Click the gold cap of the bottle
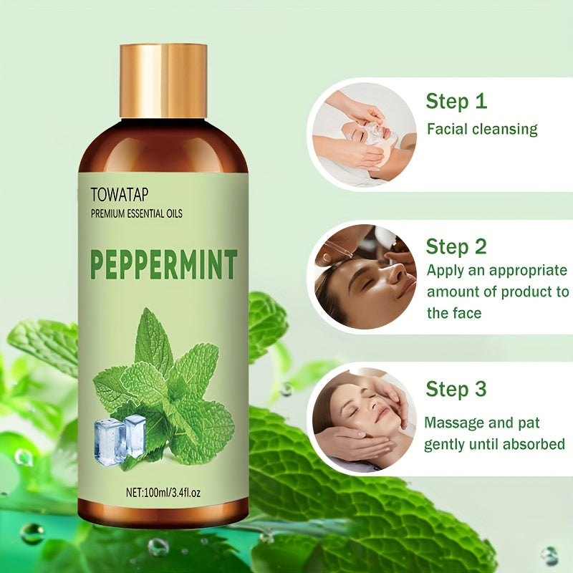pos(163,80)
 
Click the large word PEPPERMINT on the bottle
pos(163,264)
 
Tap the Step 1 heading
pos(456,101)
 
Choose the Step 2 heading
pos(456,247)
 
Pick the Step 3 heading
pos(456,390)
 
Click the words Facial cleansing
pos(482,130)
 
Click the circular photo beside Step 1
pos(362,134)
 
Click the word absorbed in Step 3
pos(537,444)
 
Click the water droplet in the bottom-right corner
pos(549,555)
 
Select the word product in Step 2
pos(520,292)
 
